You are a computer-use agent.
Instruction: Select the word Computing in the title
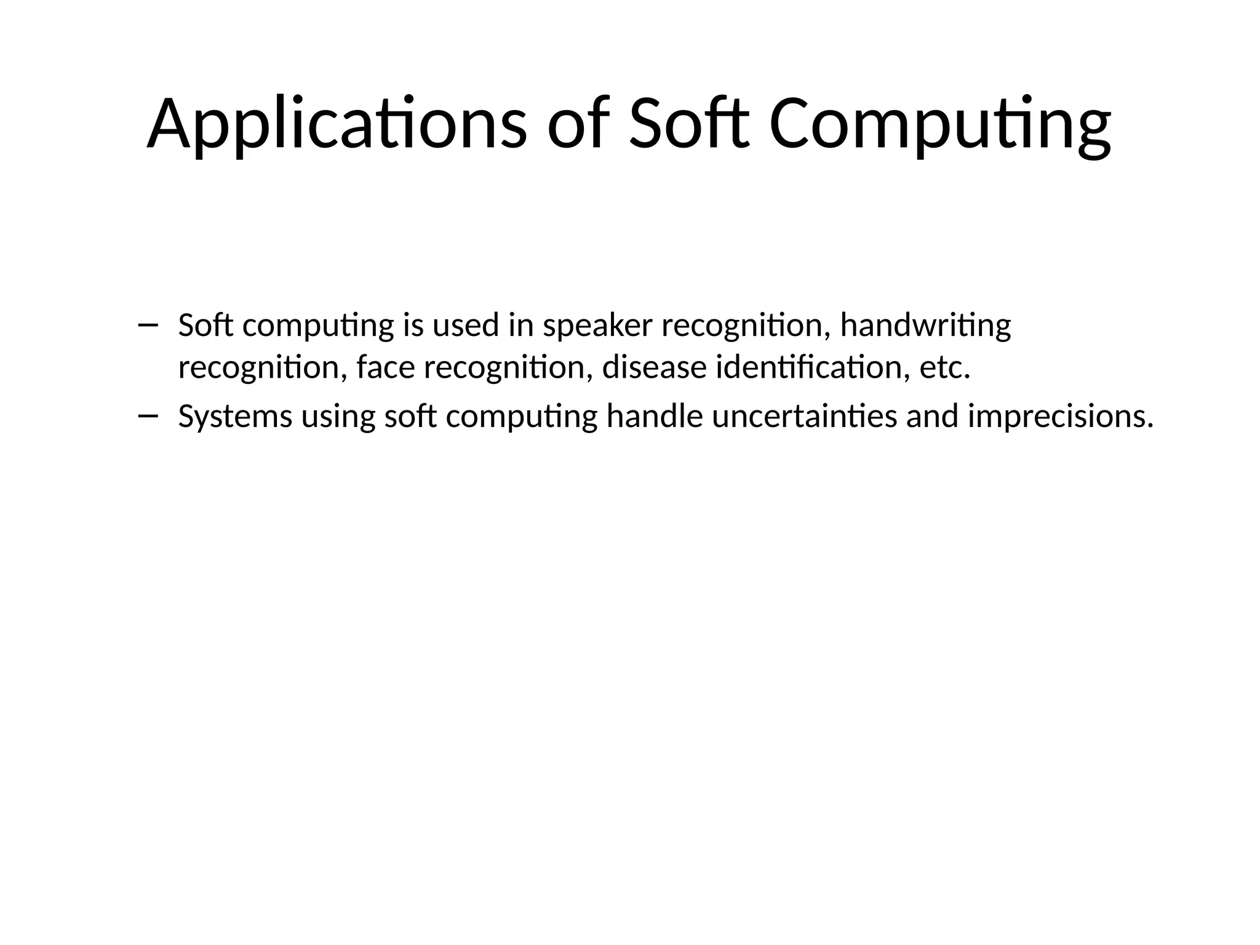coord(939,124)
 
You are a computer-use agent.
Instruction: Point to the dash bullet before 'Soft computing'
coord(148,325)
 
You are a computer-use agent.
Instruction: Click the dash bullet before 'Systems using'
coord(148,417)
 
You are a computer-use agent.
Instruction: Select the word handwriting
coord(925,326)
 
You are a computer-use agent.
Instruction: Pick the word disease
coord(654,368)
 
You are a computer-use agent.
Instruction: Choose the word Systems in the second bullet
coord(235,417)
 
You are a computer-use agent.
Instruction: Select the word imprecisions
coord(1060,417)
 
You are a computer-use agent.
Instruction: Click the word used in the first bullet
coord(465,325)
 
